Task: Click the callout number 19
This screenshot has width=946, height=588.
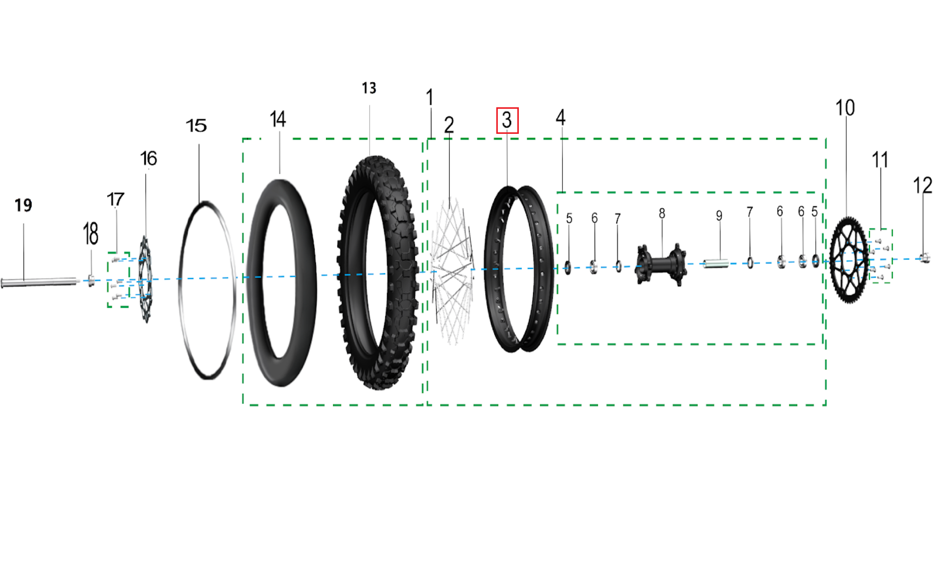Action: pos(23,205)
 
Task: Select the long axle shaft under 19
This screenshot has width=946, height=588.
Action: pos(40,283)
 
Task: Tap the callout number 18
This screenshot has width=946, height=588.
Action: pos(91,234)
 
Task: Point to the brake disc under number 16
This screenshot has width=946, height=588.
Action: pos(145,279)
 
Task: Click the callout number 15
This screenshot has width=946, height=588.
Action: pos(196,125)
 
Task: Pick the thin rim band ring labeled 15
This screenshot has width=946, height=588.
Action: pos(180,291)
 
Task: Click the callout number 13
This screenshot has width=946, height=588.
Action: pos(369,88)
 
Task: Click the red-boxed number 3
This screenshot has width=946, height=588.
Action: pos(507,120)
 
